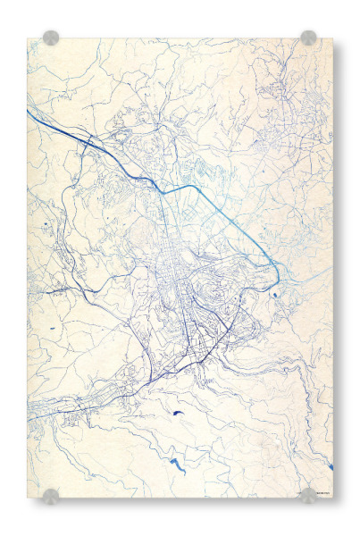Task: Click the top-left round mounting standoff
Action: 51,38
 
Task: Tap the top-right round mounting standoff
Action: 308,38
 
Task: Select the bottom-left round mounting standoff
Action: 51,496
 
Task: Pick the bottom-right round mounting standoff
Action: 308,496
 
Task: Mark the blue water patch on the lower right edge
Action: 330,466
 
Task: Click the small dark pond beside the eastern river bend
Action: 275,293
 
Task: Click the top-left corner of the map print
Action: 28,38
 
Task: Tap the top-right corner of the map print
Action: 332,38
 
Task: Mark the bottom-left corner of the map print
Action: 28,497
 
